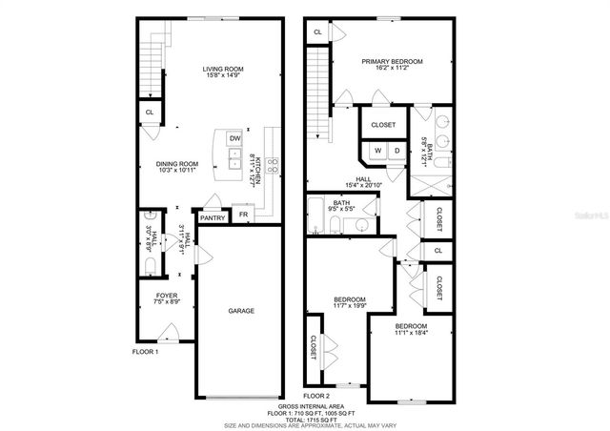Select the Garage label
[x=240, y=310]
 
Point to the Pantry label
[x=213, y=217]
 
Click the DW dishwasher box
[x=234, y=139]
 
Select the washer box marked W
[x=376, y=151]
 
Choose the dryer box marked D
[x=396, y=151]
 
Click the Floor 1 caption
[x=145, y=352]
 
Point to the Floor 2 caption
[x=316, y=394]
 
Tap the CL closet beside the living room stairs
[x=149, y=112]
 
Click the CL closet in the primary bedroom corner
[x=316, y=31]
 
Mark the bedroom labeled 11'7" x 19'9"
[x=350, y=302]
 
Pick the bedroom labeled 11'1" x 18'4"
[x=412, y=330]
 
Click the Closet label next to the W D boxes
[x=383, y=124]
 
